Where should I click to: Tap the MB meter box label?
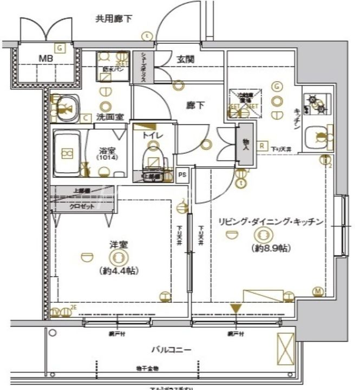pyautogui.click(x=45, y=59)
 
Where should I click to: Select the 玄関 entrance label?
pyautogui.click(x=185, y=60)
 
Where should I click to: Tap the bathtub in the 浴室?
pyautogui.click(x=67, y=153)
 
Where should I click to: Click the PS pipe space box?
pyautogui.click(x=183, y=174)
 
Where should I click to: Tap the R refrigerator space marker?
pyautogui.click(x=261, y=145)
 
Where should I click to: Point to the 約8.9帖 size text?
pyautogui.click(x=264, y=248)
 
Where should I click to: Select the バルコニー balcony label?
pyautogui.click(x=171, y=349)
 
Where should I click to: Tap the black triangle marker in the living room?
pyautogui.click(x=235, y=309)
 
